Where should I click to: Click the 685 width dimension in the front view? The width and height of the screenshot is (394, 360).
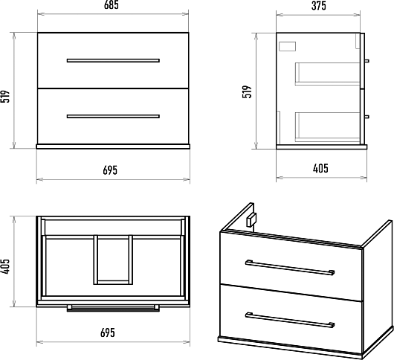click(x=112, y=5)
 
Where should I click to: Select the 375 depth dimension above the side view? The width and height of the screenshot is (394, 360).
click(x=319, y=6)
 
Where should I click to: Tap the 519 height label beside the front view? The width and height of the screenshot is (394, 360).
click(x=5, y=96)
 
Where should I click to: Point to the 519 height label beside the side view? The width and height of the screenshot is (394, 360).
click(x=247, y=91)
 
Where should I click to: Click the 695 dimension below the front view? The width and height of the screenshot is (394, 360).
click(x=110, y=170)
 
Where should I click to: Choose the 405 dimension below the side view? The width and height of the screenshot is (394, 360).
click(x=320, y=168)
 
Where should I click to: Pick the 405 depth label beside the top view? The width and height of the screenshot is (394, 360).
click(x=5, y=266)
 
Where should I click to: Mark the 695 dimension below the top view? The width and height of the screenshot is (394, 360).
click(x=108, y=332)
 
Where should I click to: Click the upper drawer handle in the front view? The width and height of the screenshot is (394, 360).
click(x=113, y=60)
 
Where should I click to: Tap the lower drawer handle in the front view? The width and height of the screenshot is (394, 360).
click(x=113, y=116)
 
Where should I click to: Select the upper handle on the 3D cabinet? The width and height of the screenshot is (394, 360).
click(x=290, y=268)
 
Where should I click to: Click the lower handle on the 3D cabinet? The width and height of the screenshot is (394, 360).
click(x=290, y=321)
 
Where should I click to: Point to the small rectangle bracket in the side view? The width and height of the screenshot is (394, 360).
click(x=287, y=47)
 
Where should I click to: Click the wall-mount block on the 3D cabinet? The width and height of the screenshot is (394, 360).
click(x=251, y=220)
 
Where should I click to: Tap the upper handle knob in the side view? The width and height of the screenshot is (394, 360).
click(x=366, y=61)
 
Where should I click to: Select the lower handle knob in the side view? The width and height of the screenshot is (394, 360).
click(x=366, y=117)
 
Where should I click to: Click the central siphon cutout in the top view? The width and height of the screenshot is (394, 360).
click(x=113, y=260)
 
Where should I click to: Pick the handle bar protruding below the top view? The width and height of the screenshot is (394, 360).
click(x=113, y=309)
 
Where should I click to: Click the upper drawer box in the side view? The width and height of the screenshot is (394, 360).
click(x=327, y=74)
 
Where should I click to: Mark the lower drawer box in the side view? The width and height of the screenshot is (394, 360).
click(x=327, y=126)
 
